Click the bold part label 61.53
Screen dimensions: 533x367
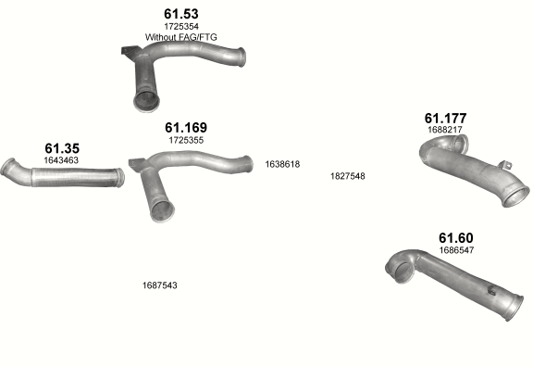(181, 14)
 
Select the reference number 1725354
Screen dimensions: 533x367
(181, 26)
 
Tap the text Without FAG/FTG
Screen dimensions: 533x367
(180, 37)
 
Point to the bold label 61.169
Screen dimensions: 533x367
(186, 128)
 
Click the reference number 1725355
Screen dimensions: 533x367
(186, 140)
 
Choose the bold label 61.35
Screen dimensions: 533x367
(62, 148)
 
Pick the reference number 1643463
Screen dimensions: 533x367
(61, 160)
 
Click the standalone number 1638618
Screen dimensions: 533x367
(282, 164)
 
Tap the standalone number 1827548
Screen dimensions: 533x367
(348, 176)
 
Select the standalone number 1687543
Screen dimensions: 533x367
(160, 285)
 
